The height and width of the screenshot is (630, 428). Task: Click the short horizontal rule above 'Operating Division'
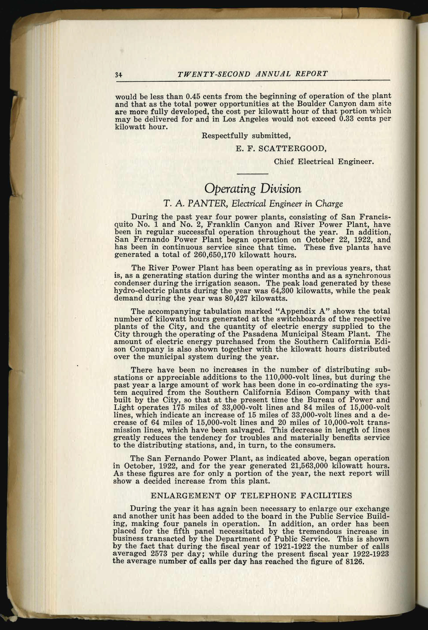[253, 174]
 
